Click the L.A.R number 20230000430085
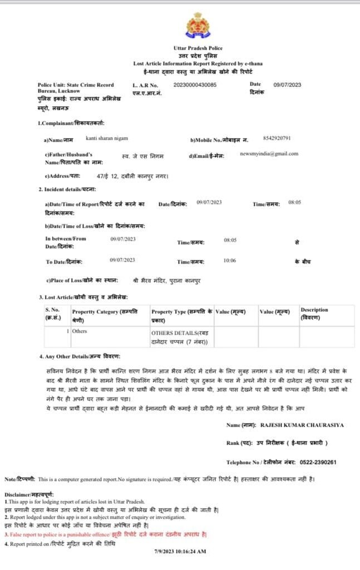click(x=195, y=85)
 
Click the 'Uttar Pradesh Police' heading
click(x=198, y=49)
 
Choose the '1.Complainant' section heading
click(x=71, y=123)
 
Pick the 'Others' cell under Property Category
click(x=80, y=331)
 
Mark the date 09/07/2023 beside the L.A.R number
click(x=288, y=85)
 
